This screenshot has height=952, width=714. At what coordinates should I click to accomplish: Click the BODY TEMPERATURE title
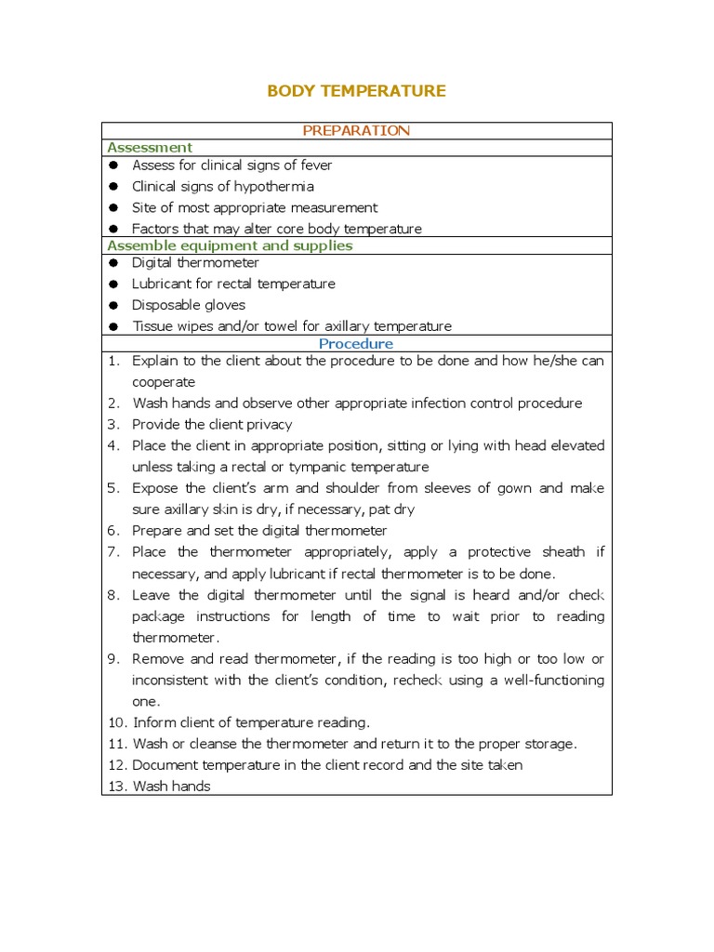pyautogui.click(x=356, y=91)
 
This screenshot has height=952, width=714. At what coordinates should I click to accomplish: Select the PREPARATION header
pyautogui.click(x=356, y=131)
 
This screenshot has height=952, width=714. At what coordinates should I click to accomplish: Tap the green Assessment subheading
pyautogui.click(x=150, y=148)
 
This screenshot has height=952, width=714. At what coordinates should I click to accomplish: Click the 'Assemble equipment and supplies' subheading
pyautogui.click(x=230, y=246)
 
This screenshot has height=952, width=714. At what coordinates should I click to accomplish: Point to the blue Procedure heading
pyautogui.click(x=356, y=344)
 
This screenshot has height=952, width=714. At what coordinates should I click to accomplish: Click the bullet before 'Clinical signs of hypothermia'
pyautogui.click(x=113, y=186)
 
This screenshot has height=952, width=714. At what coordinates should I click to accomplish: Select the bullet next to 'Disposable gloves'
pyautogui.click(x=113, y=305)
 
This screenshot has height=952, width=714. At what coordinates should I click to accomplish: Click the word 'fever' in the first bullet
pyautogui.click(x=314, y=165)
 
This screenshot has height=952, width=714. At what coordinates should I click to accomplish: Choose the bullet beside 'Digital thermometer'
pyautogui.click(x=113, y=263)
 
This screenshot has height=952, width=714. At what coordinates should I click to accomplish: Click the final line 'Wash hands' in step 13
pyautogui.click(x=172, y=787)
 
